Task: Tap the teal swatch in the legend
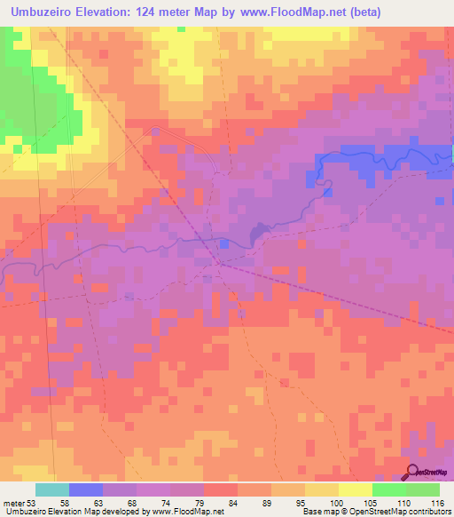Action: click(x=51, y=490)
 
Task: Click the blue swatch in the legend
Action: click(x=85, y=490)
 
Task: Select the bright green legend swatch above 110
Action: click(x=388, y=490)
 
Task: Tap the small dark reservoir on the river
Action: click(x=258, y=234)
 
